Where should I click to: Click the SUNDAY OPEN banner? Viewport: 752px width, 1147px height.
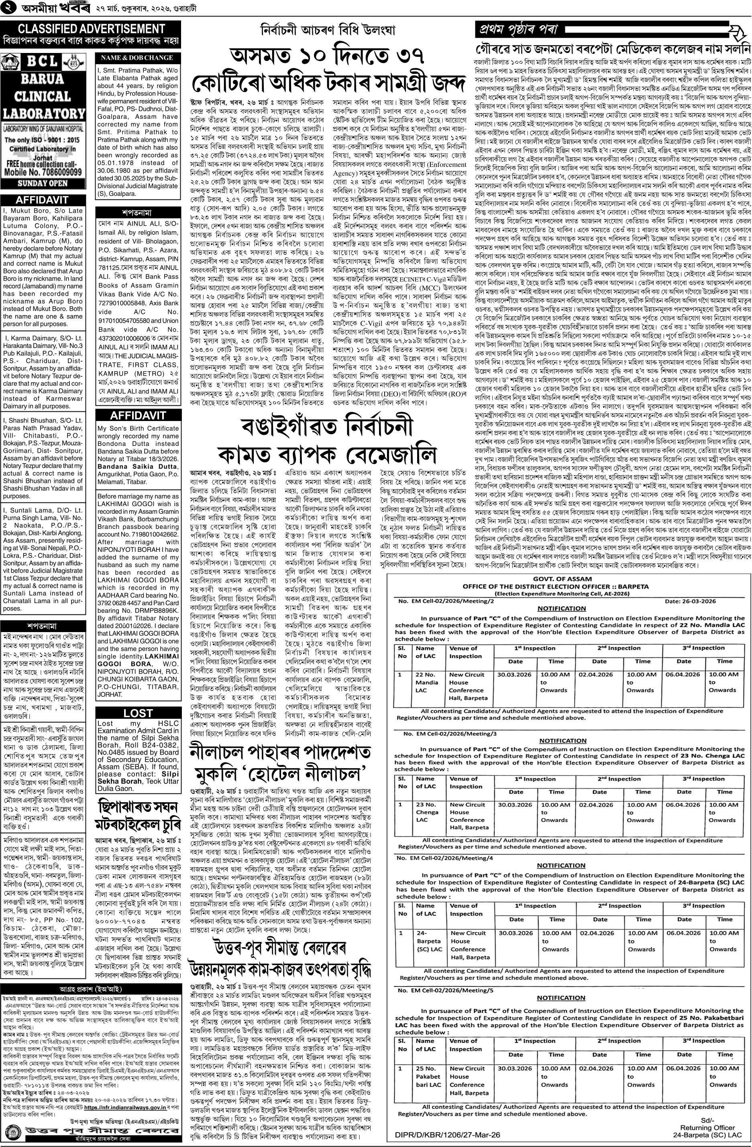tap(43, 183)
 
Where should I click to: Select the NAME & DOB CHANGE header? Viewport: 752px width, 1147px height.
tap(137, 57)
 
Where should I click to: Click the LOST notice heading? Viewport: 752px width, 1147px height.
tap(138, 713)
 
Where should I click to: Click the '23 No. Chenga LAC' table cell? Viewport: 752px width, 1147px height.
tap(427, 811)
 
